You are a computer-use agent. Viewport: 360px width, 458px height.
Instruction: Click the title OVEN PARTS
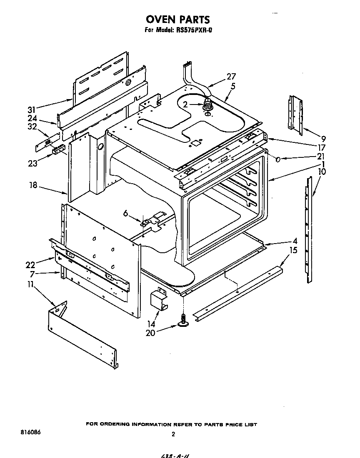pyautogui.click(x=177, y=19)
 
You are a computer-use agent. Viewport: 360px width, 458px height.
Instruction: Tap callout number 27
pyautogui.click(x=231, y=77)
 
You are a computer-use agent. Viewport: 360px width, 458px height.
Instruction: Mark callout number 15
pyautogui.click(x=293, y=250)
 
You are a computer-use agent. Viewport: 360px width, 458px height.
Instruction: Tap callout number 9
pyautogui.click(x=323, y=139)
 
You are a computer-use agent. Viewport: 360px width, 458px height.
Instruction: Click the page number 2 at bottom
pyautogui.click(x=173, y=434)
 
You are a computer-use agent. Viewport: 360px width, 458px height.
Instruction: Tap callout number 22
pyautogui.click(x=30, y=265)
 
